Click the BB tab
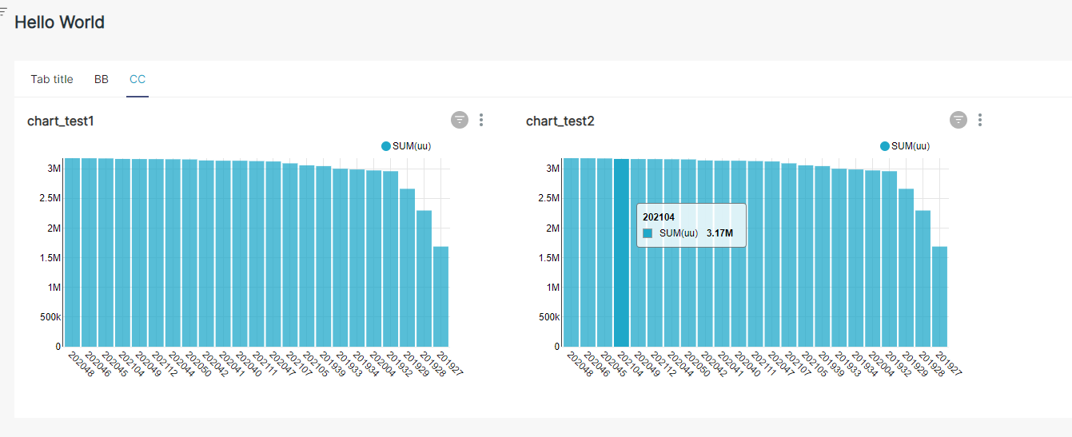[102, 79]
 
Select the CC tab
[137, 79]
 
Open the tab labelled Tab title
[52, 79]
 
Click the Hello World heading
[60, 22]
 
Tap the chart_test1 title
[61, 121]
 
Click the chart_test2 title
[560, 121]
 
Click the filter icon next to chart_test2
[958, 120]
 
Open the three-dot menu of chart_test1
[481, 120]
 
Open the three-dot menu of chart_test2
[980, 120]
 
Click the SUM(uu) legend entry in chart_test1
[407, 146]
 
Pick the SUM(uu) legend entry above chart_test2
[906, 146]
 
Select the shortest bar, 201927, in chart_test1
[440, 296]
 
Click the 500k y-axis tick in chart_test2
[551, 317]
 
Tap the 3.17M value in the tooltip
[719, 233]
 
